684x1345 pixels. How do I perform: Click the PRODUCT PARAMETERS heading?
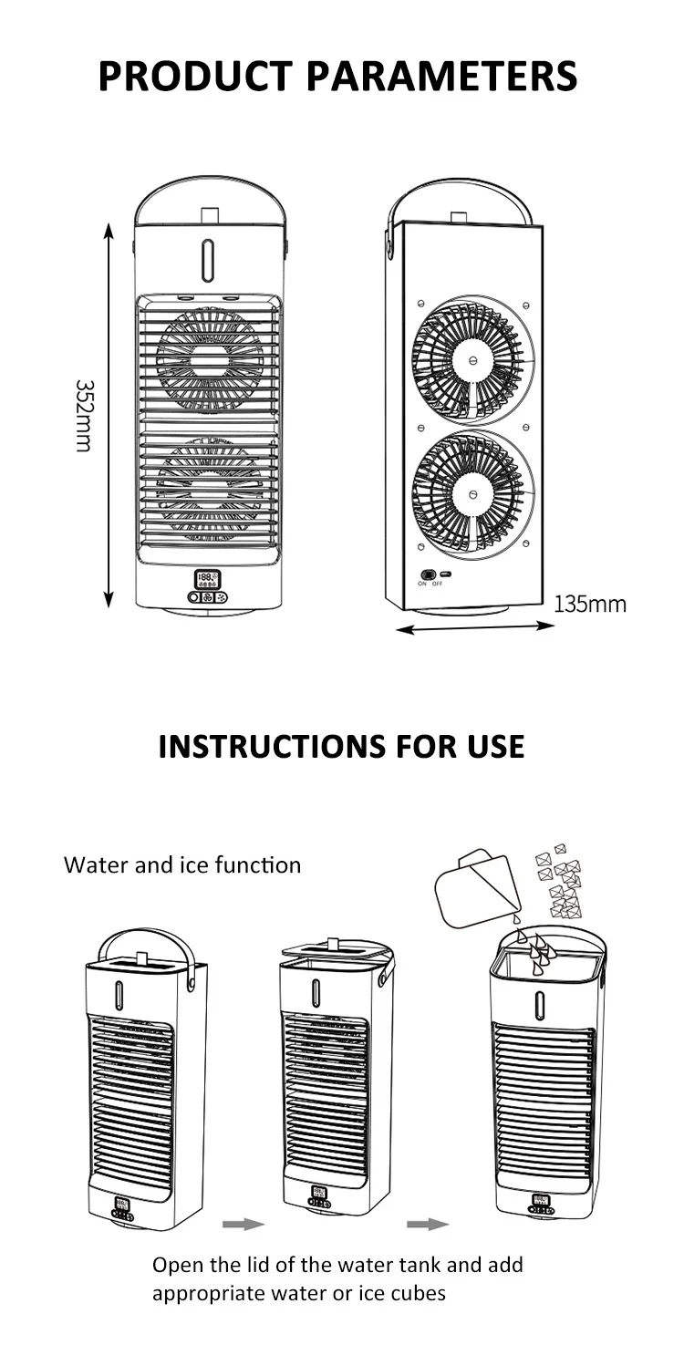(337, 75)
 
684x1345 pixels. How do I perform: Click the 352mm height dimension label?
(84, 416)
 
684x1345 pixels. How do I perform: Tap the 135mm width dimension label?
(590, 604)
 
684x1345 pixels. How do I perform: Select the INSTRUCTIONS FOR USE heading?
(341, 746)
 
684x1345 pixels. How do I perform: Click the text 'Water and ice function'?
(182, 864)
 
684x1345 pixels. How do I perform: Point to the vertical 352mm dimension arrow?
(109, 416)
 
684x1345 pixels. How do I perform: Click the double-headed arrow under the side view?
(477, 627)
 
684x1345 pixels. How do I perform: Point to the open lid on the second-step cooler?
(337, 949)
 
